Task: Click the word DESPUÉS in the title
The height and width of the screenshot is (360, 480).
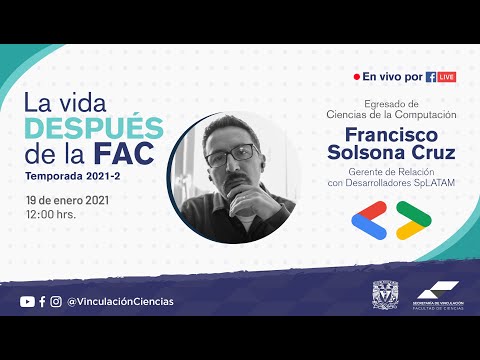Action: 93,127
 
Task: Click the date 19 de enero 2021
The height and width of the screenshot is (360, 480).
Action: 67,200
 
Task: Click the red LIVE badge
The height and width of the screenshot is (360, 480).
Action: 446,77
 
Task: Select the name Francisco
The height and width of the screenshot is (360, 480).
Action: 398,135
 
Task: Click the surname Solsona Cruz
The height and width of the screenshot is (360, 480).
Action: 398,153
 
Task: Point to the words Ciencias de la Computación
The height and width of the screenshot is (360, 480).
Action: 398,115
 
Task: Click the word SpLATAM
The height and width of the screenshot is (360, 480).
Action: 433,183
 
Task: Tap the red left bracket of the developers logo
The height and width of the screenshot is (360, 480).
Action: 373,219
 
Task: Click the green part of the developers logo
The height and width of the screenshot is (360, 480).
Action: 410,213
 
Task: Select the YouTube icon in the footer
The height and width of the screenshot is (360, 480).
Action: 27,301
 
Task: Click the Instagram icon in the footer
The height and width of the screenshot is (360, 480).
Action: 56,301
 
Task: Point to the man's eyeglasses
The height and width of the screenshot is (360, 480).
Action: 231,156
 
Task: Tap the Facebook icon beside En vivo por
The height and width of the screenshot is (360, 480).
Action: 431,77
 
